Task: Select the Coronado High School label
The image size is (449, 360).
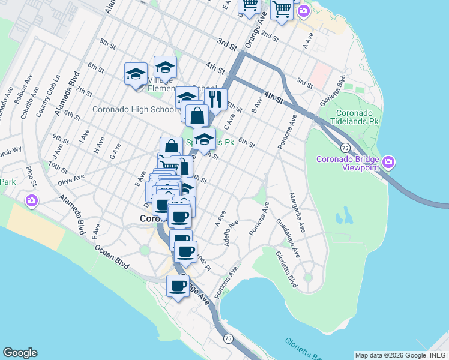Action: pyautogui.click(x=133, y=109)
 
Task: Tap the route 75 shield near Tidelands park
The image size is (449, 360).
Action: pyautogui.click(x=345, y=148)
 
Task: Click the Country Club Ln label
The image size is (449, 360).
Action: pyautogui.click(x=41, y=97)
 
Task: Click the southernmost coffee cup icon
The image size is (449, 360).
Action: pyautogui.click(x=178, y=286)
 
